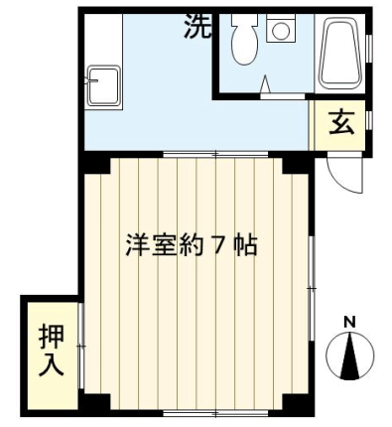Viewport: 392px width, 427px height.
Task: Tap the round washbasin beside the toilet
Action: (281, 30)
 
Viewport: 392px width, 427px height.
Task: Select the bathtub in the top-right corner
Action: (339, 53)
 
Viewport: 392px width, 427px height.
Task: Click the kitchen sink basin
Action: (103, 85)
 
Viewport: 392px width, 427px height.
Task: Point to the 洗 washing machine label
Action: (197, 26)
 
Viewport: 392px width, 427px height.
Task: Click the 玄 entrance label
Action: (341, 122)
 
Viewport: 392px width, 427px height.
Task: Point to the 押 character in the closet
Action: (52, 337)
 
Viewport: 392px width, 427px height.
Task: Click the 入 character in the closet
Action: (52, 365)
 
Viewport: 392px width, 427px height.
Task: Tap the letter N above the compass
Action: (349, 322)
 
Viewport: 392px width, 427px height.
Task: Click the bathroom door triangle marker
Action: (266, 84)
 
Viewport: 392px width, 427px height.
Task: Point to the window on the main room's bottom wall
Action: (215, 413)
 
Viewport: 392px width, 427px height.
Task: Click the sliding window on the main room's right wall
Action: (311, 289)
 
